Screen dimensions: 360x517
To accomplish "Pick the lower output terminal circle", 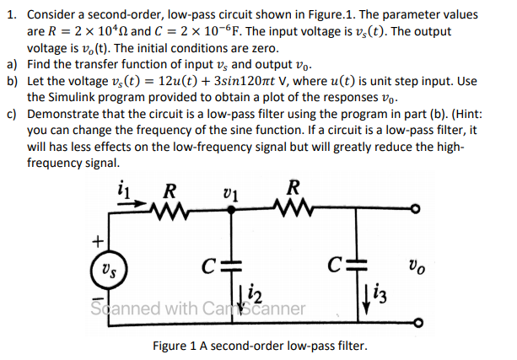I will coord(415,321).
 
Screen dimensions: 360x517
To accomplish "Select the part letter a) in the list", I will coord(11,64).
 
